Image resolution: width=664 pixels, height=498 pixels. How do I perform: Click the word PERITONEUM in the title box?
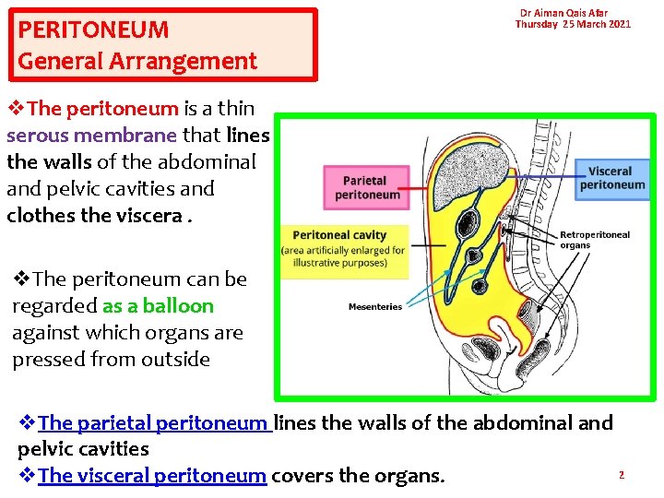93,30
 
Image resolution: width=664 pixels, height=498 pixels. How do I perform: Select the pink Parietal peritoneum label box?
367,188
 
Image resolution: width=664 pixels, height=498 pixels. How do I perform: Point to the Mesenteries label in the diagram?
374,306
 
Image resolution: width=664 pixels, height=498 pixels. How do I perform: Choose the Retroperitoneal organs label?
595,240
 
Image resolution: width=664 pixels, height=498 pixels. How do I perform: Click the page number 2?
622,475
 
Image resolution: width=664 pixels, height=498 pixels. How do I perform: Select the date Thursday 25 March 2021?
573,24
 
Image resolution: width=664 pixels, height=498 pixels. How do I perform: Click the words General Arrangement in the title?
137,62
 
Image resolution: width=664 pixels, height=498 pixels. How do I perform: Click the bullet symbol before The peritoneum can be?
21,279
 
